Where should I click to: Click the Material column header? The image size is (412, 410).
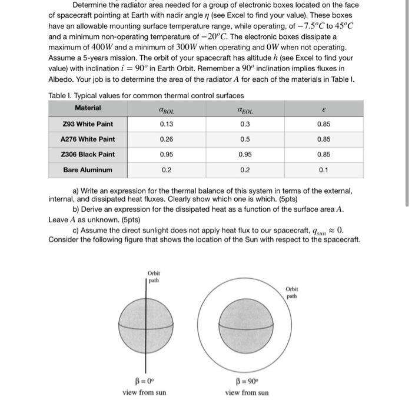pos(88,108)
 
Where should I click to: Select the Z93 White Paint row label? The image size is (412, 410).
pos(88,124)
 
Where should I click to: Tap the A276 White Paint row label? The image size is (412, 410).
pos(88,139)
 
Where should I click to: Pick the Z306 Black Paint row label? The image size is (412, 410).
pos(88,155)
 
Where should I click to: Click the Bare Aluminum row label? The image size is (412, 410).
pos(88,170)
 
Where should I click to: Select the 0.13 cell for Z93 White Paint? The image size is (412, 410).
pos(167,124)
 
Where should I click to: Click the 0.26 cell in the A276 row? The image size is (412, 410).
pos(167,139)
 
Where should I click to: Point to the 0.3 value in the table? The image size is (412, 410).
pos(245,124)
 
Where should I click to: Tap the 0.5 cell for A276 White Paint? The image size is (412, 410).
pos(245,139)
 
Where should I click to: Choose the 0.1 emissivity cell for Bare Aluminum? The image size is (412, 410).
pos(323,170)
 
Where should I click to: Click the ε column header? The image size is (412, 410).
pos(323,109)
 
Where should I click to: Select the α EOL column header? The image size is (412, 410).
pos(245,109)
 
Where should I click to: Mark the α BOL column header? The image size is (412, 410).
pos(167,109)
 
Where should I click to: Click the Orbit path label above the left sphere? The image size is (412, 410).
pos(154,276)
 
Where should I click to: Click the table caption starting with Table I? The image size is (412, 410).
pos(146,95)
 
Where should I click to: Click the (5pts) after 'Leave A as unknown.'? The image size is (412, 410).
pos(150,219)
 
